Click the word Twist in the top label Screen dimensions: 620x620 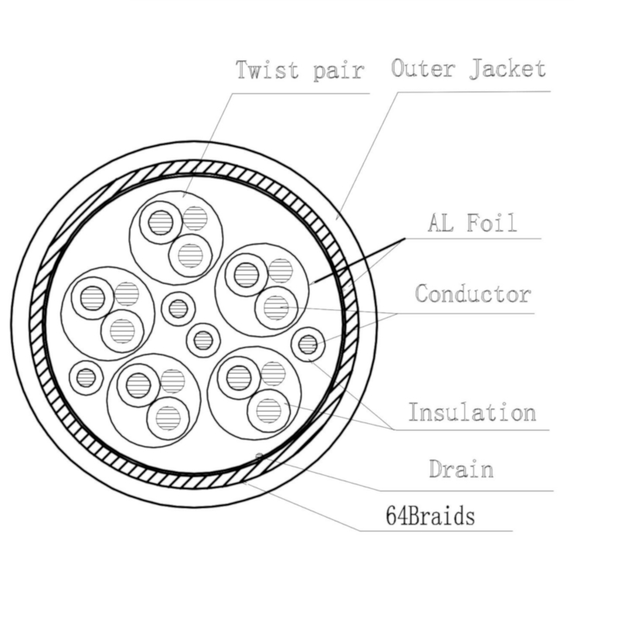point(267,70)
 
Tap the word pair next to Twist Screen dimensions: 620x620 point(338,72)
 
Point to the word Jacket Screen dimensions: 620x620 point(508,68)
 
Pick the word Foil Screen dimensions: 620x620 point(491,222)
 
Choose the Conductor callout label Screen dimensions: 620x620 point(473,294)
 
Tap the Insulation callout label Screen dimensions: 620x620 point(472,412)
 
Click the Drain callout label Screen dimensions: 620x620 point(461,469)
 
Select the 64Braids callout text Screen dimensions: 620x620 point(430,515)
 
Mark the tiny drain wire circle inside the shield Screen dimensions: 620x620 point(259,456)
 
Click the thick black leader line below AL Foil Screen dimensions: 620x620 point(359,261)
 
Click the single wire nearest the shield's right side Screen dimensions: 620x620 point(308,344)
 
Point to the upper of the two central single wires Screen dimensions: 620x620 point(178,308)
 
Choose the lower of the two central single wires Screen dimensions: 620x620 point(203,340)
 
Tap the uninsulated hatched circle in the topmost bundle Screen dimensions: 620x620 point(195,219)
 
